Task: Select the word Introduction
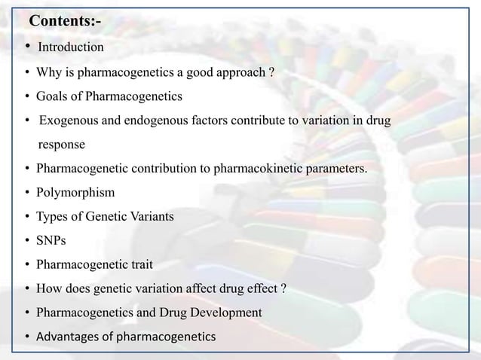[71, 47]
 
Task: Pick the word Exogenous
[68, 120]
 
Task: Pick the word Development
[226, 312]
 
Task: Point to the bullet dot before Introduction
[27, 47]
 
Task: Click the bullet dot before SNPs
[27, 240]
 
